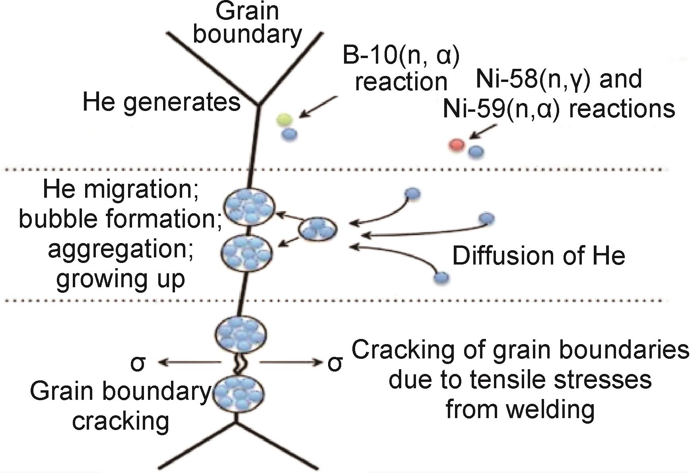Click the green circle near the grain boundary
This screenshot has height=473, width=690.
pos(285,119)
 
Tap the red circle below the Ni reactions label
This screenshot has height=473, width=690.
pos(457,145)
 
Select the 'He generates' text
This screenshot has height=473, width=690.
pos(161,102)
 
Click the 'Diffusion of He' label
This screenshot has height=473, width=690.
pos(538,255)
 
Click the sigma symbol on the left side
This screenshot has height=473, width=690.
pos(138,363)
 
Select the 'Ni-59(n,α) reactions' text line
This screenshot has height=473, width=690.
pos(559,108)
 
